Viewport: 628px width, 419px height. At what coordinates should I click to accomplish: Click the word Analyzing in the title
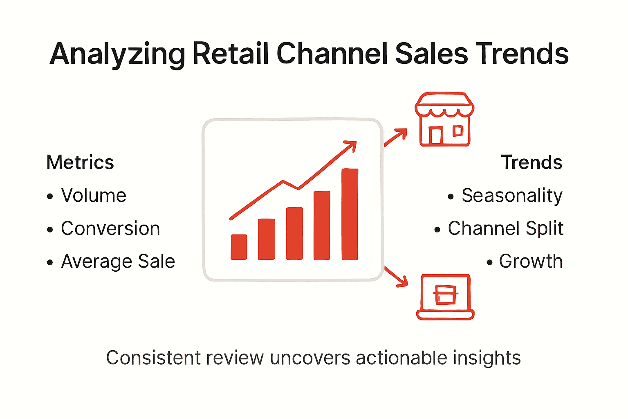pyautogui.click(x=117, y=54)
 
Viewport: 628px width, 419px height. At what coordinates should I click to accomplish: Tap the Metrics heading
pyautogui.click(x=80, y=162)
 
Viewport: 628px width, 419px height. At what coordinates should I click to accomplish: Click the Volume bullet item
pyautogui.click(x=94, y=196)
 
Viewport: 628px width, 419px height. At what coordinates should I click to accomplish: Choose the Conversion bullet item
pyautogui.click(x=110, y=228)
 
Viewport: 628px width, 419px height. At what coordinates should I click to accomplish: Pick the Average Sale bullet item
pyautogui.click(x=118, y=261)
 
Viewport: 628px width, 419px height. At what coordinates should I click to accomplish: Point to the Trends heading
pyautogui.click(x=532, y=162)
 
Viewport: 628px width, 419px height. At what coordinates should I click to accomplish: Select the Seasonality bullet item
pyautogui.click(x=512, y=196)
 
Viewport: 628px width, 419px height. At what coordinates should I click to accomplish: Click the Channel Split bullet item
pyautogui.click(x=505, y=228)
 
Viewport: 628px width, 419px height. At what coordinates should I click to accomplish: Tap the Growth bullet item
pyautogui.click(x=531, y=261)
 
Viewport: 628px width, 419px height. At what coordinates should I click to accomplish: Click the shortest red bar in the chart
pyautogui.click(x=239, y=247)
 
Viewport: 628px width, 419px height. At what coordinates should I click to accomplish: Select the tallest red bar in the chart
pyautogui.click(x=350, y=214)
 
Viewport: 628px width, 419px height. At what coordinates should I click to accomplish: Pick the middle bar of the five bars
pyautogui.click(x=294, y=234)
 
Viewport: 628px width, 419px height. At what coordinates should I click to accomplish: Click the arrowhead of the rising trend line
pyautogui.click(x=351, y=145)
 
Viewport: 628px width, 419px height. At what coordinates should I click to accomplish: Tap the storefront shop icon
pyautogui.click(x=444, y=119)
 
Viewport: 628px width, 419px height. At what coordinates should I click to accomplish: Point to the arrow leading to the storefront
pyautogui.click(x=396, y=137)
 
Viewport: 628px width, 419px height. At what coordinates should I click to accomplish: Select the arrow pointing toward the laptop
pyautogui.click(x=396, y=277)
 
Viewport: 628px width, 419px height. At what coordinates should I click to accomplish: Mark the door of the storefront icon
pyautogui.click(x=436, y=135)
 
